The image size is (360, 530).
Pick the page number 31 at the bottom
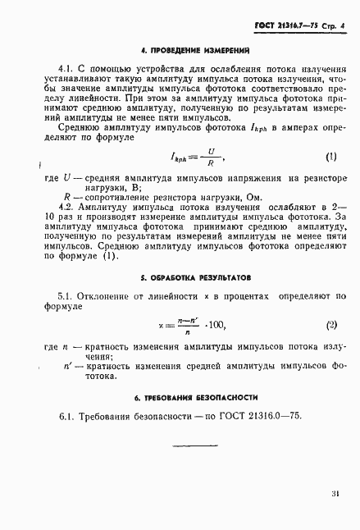[335, 493]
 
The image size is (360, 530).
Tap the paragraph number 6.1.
[66, 417]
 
